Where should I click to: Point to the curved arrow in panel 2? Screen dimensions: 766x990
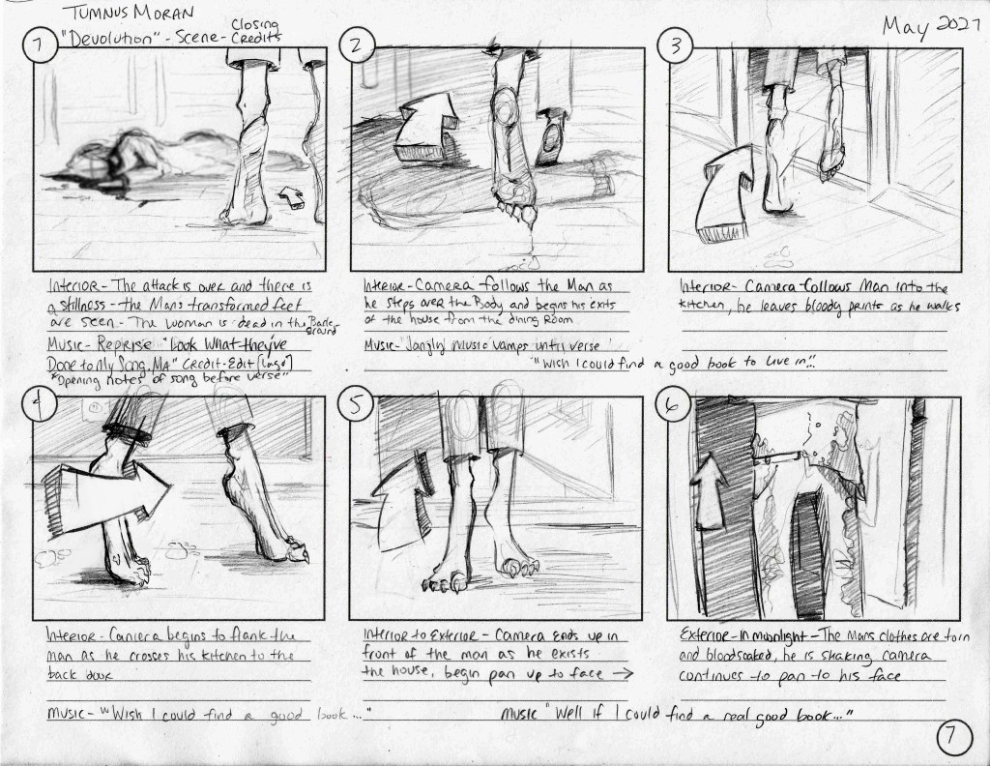(429, 127)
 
